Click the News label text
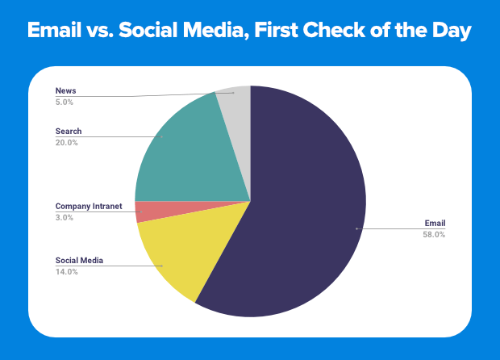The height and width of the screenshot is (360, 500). point(65,91)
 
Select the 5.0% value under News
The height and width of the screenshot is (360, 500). point(65,102)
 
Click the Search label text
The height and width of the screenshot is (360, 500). point(69,131)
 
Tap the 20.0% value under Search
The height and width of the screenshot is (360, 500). point(67,142)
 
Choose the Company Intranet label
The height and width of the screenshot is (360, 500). point(89,206)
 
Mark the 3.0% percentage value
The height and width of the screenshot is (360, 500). point(65,217)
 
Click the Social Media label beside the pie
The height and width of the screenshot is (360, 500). point(79,261)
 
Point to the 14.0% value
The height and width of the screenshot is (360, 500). point(67,272)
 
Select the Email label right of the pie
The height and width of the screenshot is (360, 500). point(435,223)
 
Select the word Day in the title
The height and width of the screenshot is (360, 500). point(451,33)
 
